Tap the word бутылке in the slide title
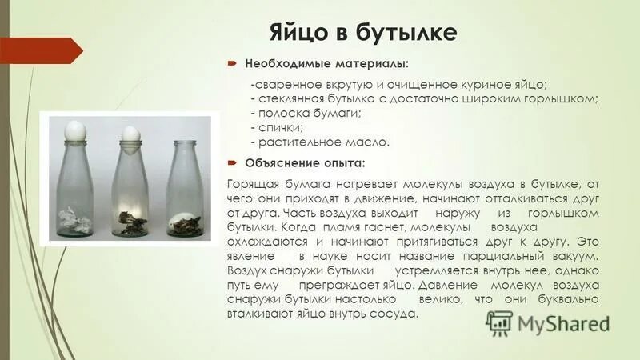410,32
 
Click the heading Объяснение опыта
305,163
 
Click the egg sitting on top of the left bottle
76,127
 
